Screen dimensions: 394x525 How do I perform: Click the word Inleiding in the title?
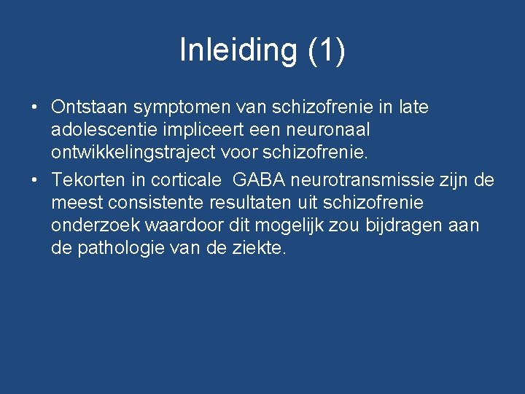pos(238,50)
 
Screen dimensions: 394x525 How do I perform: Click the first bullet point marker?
pos(34,107)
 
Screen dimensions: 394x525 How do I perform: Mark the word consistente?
pos(153,201)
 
